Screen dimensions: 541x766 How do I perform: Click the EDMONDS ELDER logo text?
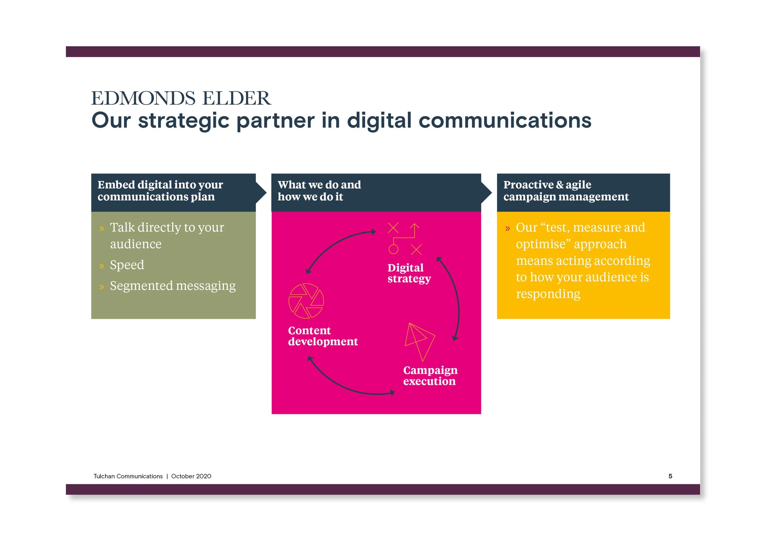pos(181,98)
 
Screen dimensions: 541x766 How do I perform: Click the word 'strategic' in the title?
pos(184,121)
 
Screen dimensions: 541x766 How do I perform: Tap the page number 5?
pos(670,476)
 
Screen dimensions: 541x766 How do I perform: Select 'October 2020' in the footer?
pos(191,476)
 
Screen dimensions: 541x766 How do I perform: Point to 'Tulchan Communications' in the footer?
pos(128,476)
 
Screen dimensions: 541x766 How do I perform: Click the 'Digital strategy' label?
pos(409,273)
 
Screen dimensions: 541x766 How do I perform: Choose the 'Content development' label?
pos(323,336)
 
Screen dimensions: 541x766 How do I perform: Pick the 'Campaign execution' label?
pos(430,376)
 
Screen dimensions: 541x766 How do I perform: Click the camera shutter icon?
pos(306,301)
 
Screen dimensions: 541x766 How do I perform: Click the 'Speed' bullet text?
pos(127,265)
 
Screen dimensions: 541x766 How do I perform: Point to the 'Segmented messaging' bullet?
pos(173,286)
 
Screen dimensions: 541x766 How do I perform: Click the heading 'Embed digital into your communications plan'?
pos(160,191)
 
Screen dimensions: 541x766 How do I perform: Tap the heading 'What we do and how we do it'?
pos(319,191)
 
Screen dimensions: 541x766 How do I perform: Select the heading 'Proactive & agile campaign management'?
pos(566,191)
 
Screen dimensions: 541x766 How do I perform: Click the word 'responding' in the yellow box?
pos(548,294)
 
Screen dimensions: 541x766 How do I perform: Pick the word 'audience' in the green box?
pos(136,244)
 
